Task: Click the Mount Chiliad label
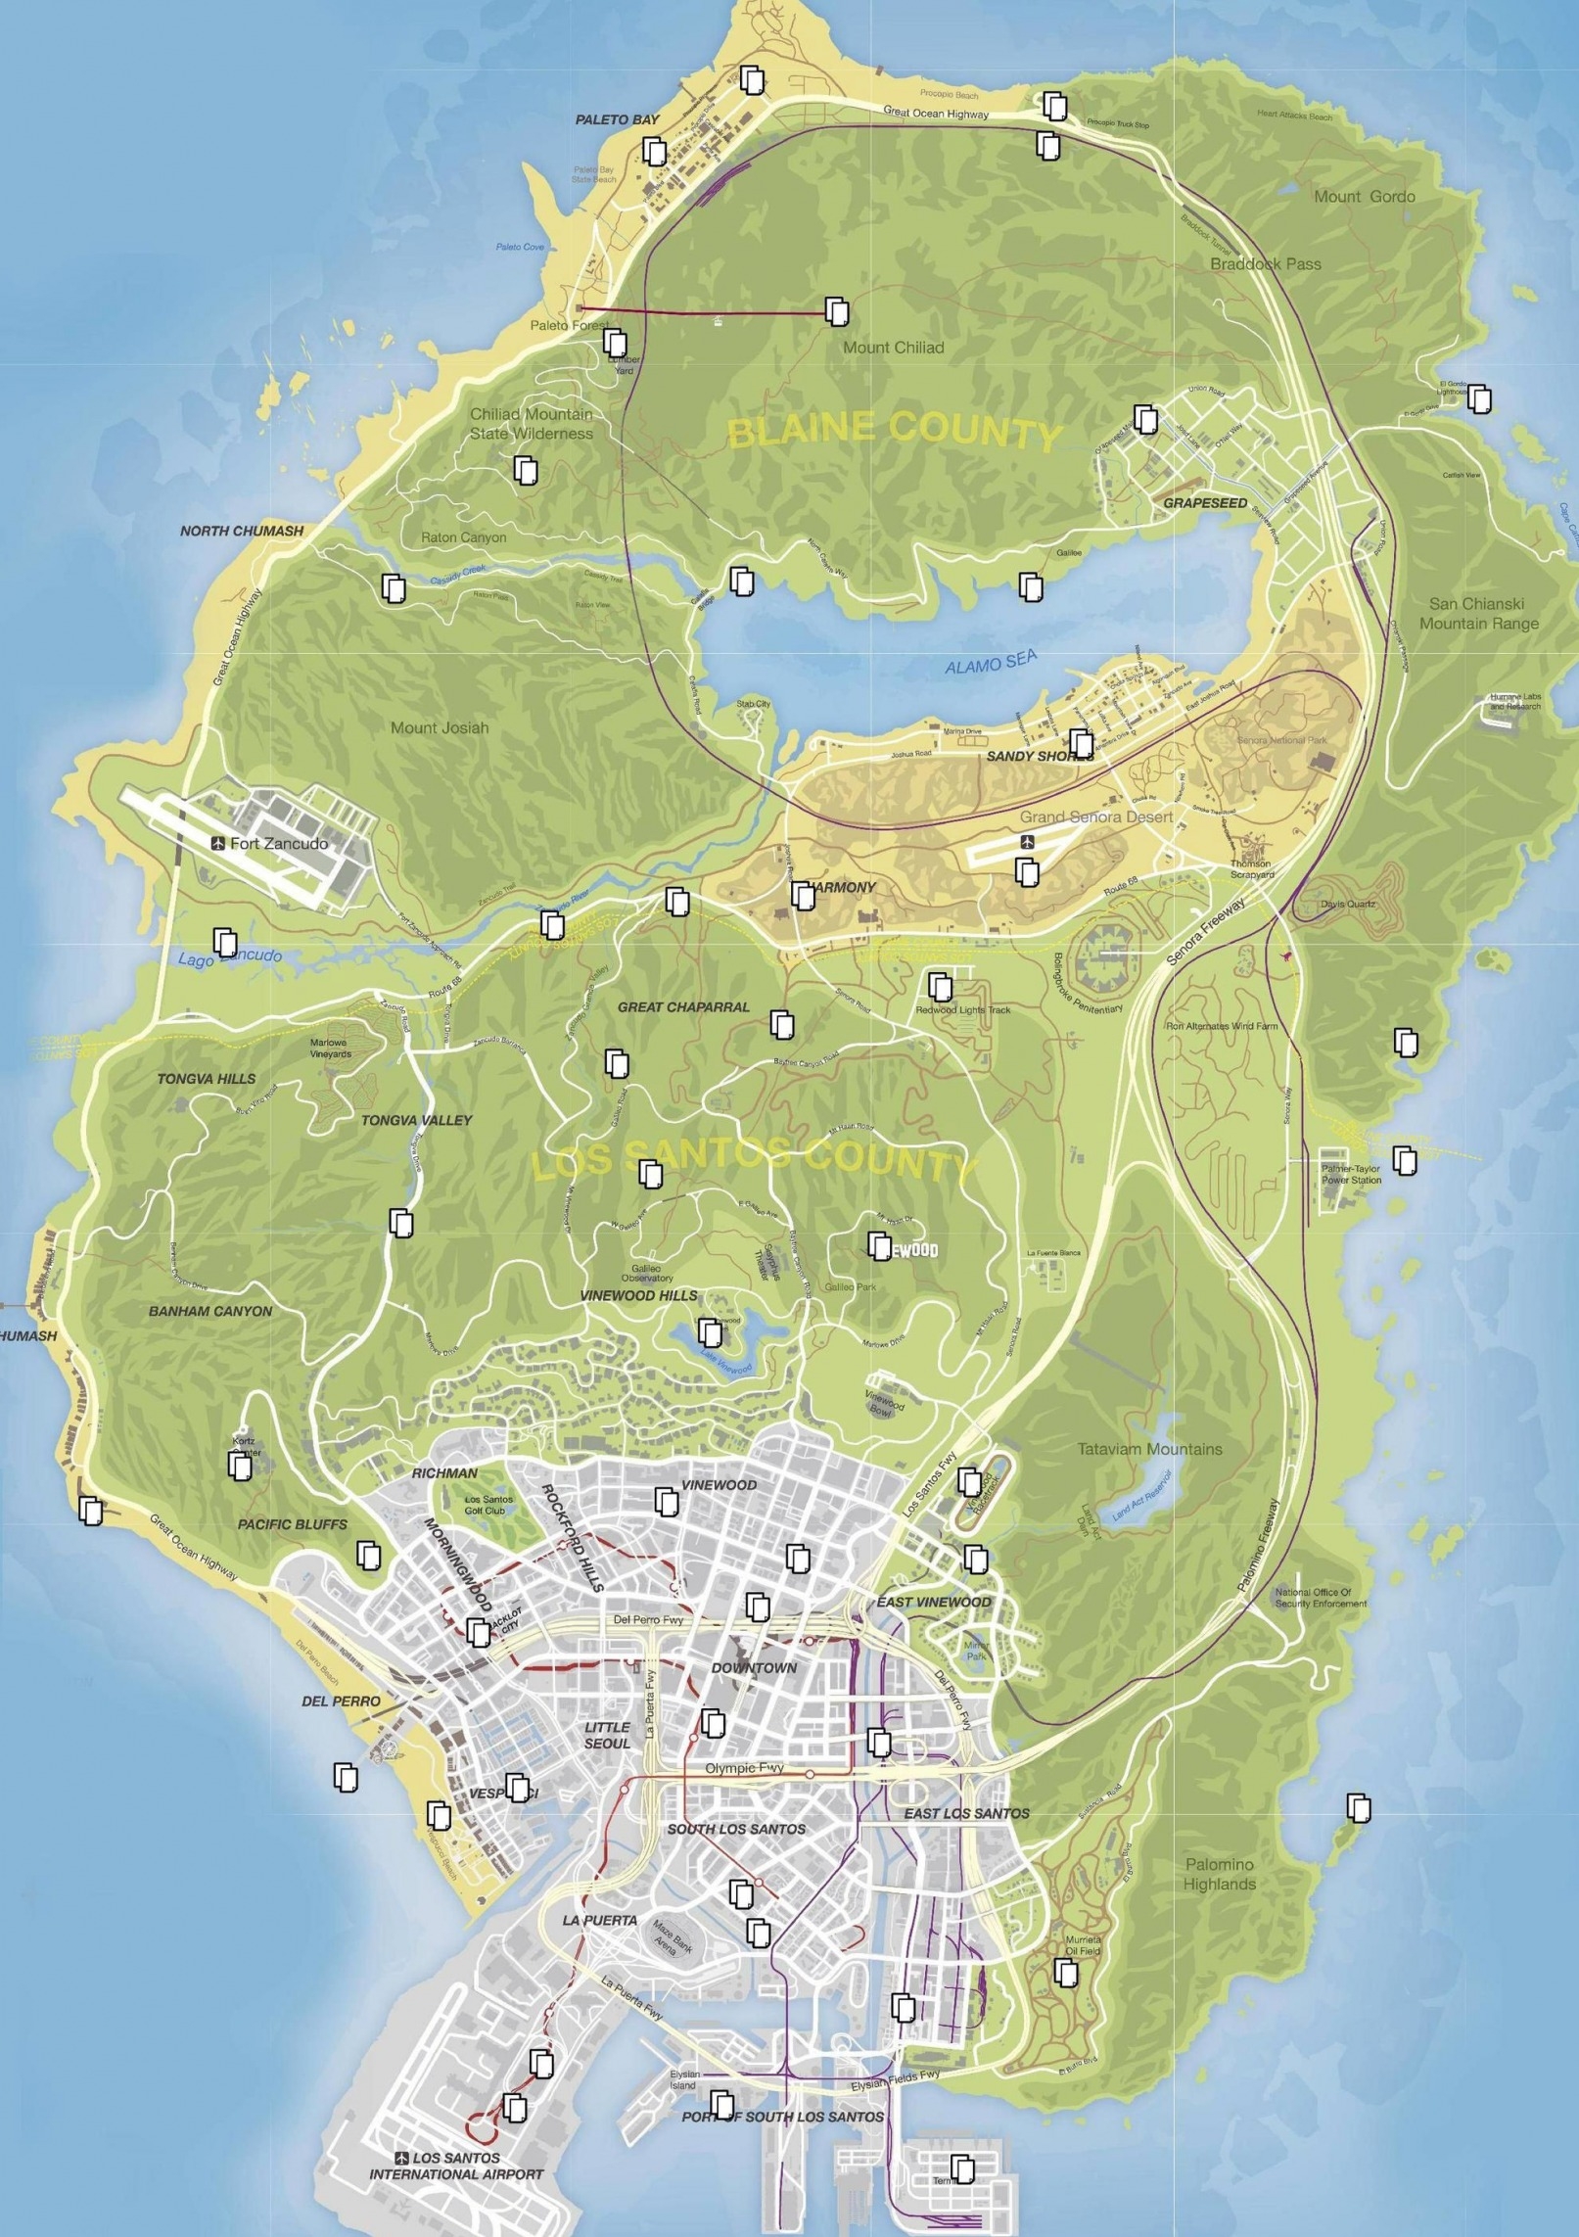point(893,348)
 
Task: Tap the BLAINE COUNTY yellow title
point(894,432)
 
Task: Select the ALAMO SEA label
point(990,666)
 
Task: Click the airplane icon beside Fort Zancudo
point(217,843)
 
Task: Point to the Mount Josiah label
point(439,727)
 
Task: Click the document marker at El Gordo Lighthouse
point(1478,398)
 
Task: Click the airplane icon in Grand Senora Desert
point(1026,842)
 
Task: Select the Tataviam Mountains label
point(1149,1449)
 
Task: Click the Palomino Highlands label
point(1219,1875)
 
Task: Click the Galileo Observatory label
point(646,1273)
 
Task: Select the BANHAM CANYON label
point(210,1311)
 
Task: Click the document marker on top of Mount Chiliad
point(837,311)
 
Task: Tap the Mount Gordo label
point(1364,197)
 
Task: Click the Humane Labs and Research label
point(1514,702)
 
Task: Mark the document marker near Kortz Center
point(239,1467)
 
